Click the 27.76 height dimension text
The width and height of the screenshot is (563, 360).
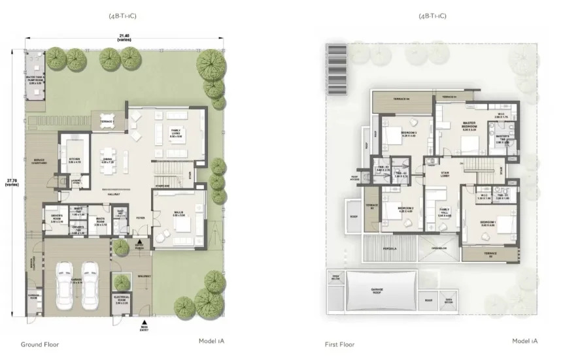[9, 182]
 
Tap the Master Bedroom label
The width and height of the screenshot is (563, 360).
[469, 127]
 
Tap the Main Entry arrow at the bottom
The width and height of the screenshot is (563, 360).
[143, 324]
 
